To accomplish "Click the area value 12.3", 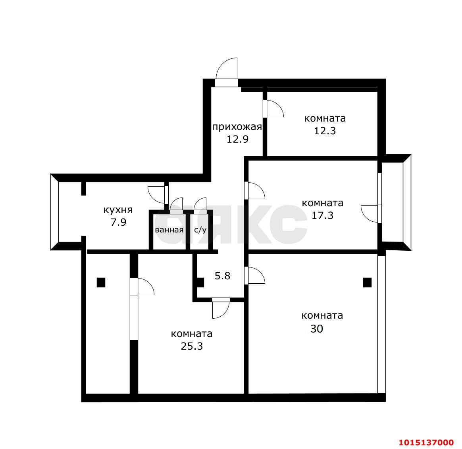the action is click(x=325, y=131).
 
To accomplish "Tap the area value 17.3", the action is click(x=323, y=215).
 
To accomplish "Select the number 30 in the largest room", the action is click(x=317, y=329).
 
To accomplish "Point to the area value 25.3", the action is click(x=192, y=346).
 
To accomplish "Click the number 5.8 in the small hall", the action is click(x=222, y=276).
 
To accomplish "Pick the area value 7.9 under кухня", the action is click(x=118, y=222).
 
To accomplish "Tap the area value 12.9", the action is click(x=237, y=139).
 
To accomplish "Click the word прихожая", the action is click(x=237, y=127).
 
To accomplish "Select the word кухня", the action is click(x=118, y=210).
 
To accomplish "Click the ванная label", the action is click(x=169, y=230).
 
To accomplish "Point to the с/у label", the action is click(x=200, y=230).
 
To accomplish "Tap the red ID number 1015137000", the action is click(x=426, y=443).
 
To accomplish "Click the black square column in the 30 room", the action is click(x=367, y=283).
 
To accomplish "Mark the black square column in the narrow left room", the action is click(x=101, y=283).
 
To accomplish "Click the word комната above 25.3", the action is click(x=192, y=334).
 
